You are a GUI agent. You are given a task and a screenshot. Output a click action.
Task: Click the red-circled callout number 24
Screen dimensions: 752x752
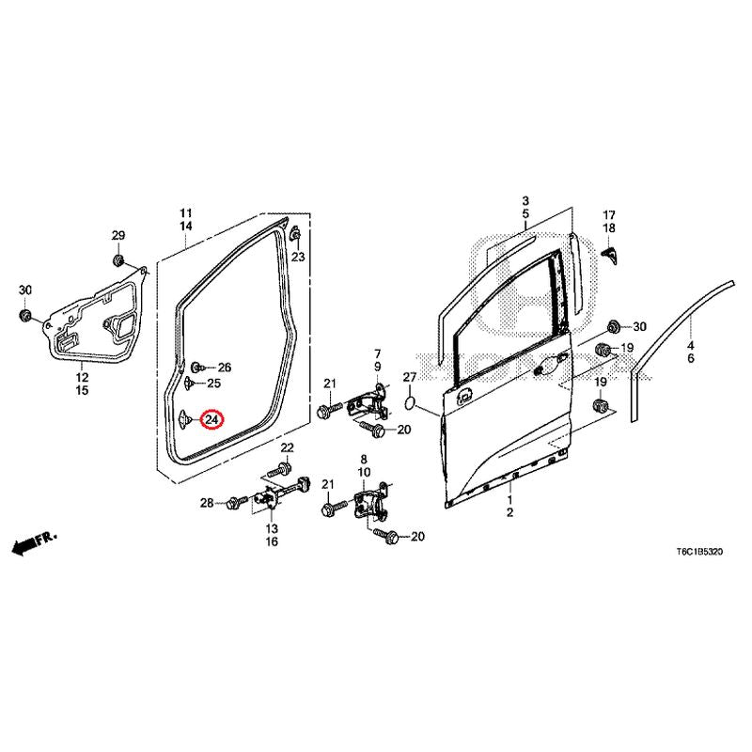(213, 419)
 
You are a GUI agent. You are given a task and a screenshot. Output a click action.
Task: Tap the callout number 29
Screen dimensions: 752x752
(118, 235)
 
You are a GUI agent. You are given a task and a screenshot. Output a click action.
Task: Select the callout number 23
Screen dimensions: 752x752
(298, 257)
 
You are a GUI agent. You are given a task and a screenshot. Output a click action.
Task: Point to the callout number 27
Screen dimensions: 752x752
(409, 378)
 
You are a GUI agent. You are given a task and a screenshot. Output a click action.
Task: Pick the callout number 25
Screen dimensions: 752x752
(213, 384)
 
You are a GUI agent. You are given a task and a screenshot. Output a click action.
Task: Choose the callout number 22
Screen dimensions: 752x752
(287, 446)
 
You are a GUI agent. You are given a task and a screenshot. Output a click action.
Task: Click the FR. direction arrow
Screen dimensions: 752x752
(34, 541)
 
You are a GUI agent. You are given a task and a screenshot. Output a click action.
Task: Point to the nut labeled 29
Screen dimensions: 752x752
(119, 258)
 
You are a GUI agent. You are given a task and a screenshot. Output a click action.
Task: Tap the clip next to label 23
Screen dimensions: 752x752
(294, 233)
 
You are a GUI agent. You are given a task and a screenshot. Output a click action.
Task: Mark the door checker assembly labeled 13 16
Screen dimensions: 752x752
(273, 496)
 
